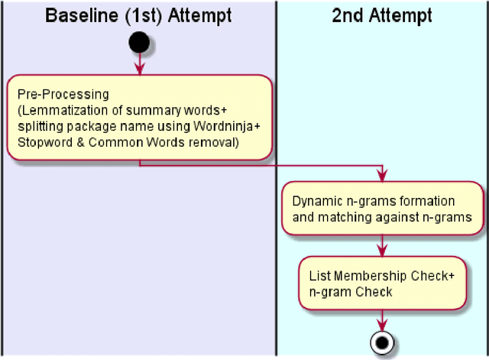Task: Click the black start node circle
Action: coord(139,42)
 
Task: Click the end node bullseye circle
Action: coord(381,342)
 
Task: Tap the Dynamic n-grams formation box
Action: coord(381,208)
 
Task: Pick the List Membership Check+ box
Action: coord(381,283)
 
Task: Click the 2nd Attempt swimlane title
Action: coord(381,15)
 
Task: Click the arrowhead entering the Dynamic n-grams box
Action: coord(381,177)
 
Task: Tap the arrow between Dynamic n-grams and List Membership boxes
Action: coord(381,246)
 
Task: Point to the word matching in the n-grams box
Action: coord(341,216)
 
